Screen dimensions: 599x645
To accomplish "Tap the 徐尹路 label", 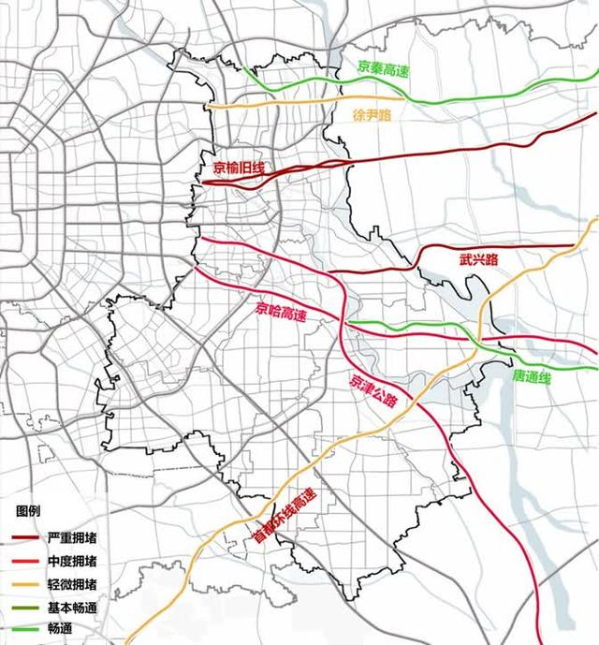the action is (372, 115).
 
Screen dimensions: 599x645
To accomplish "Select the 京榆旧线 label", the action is (239, 168).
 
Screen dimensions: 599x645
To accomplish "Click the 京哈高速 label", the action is (282, 311).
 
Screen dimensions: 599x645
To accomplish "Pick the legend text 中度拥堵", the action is (71, 563).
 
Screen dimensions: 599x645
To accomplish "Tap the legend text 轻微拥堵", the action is (71, 585).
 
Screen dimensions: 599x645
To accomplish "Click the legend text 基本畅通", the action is (71, 608).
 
